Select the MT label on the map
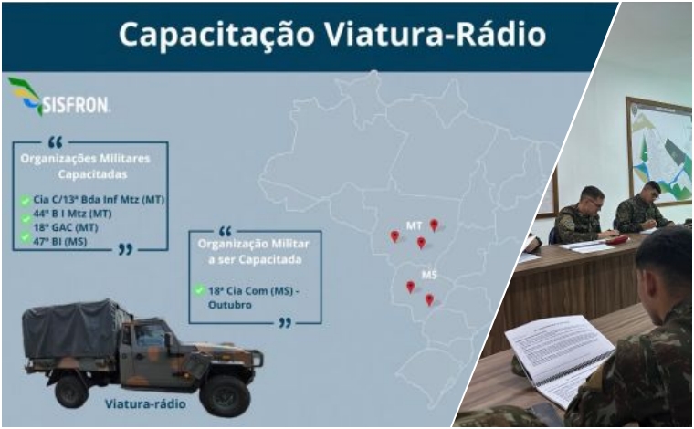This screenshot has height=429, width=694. (414, 225)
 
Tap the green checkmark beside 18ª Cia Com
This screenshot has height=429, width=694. (199, 290)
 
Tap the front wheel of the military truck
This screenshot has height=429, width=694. (225, 393)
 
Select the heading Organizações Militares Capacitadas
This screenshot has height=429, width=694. (91, 164)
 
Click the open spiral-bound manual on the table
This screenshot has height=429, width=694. (559, 351)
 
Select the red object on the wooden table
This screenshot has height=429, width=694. (618, 239)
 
